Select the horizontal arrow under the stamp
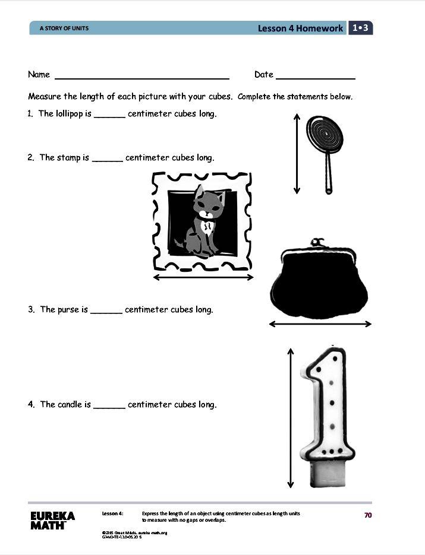203,277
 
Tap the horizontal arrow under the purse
320,324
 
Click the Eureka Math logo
52,520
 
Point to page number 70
367,515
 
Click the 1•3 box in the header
361,28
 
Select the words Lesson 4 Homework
300,28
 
